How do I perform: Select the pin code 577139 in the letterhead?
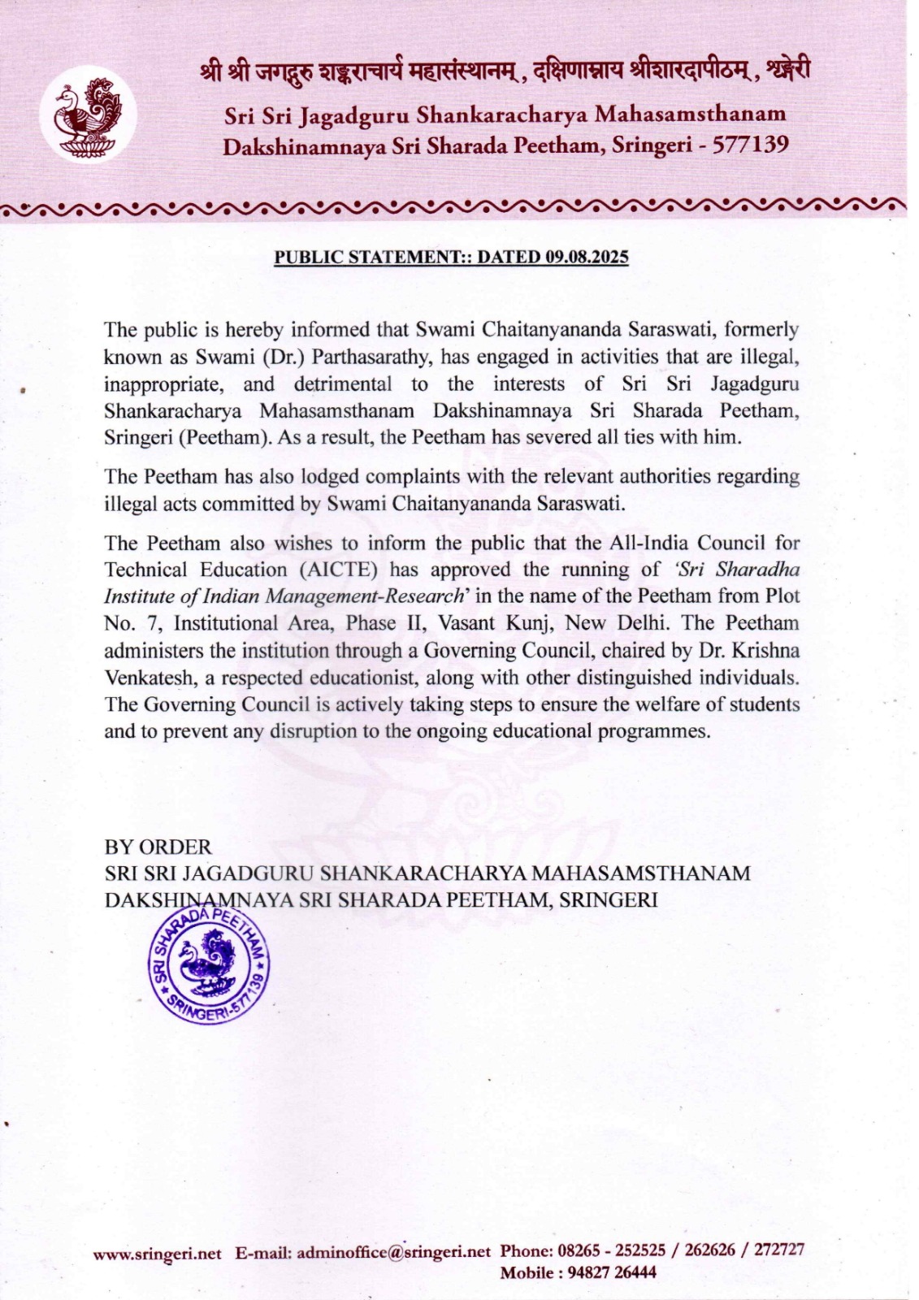pyautogui.click(x=751, y=145)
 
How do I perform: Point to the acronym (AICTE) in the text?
pyautogui.click(x=339, y=570)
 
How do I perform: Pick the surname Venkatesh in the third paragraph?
pyautogui.click(x=145, y=677)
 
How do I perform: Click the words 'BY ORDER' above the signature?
pyautogui.click(x=158, y=847)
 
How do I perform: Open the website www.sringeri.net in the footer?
pyautogui.click(x=157, y=1254)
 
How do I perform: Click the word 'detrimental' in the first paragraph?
pyautogui.click(x=342, y=383)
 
